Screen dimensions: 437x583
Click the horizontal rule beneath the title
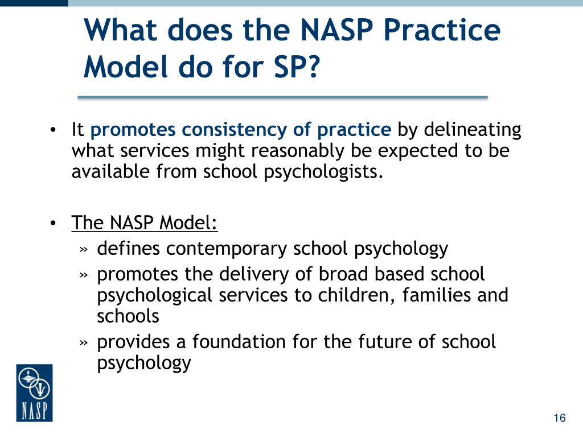[x=282, y=98]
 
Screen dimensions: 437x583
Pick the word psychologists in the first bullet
[x=321, y=171]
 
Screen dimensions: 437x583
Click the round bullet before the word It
[x=52, y=131]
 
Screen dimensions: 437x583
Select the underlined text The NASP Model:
[x=145, y=222]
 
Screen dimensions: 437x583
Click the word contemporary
[x=227, y=249]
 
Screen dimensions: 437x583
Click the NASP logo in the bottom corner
[x=34, y=393]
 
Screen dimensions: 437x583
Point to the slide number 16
[x=559, y=418]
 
